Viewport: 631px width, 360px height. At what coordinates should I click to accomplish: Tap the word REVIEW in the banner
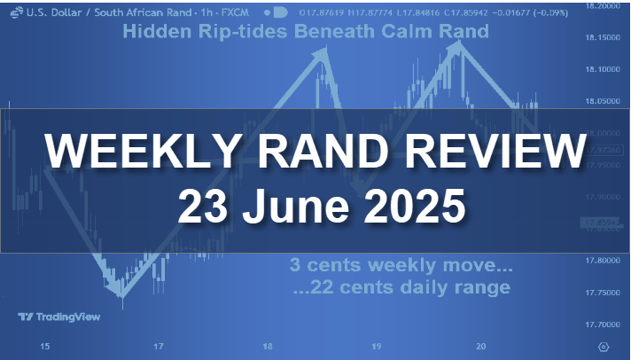click(484, 152)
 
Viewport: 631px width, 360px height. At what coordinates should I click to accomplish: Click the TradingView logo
click(58, 317)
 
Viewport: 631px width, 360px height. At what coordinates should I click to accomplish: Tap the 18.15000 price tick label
click(602, 38)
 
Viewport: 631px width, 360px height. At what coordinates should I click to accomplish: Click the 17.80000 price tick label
click(602, 261)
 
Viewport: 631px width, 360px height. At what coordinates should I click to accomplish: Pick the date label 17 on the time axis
click(157, 347)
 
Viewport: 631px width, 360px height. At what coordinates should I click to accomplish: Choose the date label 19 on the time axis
click(375, 347)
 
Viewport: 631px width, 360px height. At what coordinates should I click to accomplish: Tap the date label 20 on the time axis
click(479, 347)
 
